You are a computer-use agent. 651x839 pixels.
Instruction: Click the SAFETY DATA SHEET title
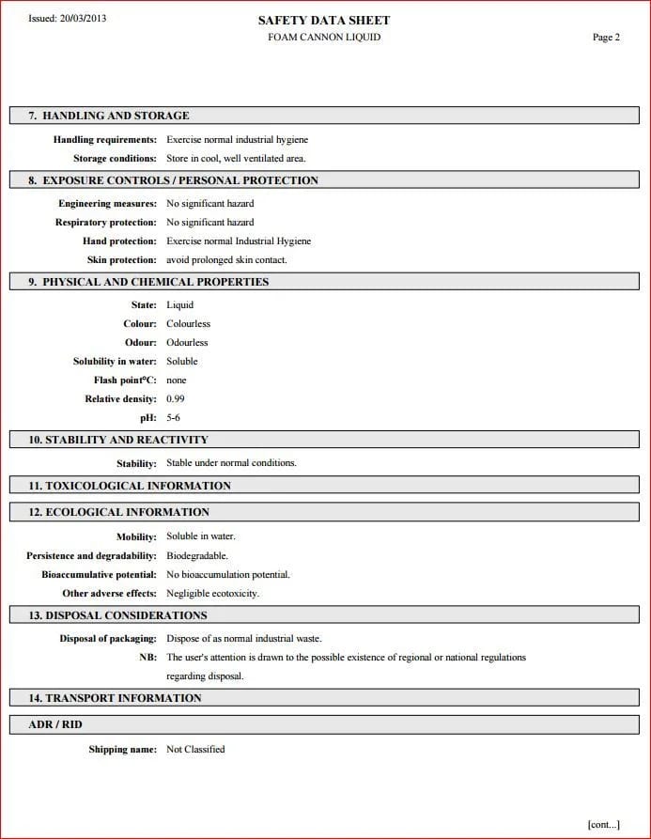click(324, 20)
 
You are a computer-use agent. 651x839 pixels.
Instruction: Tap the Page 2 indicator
click(606, 38)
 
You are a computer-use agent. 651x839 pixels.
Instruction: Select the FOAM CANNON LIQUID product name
click(324, 38)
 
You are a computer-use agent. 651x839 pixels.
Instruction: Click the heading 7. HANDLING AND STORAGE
click(109, 116)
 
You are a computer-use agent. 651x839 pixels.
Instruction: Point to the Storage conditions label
click(115, 159)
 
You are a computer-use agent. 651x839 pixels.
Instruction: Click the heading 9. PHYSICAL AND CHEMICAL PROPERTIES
click(148, 282)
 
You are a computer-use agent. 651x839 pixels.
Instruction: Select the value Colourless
click(189, 324)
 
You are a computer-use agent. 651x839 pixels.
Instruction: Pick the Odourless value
click(188, 343)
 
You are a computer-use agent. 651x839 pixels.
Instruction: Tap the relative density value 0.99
click(176, 399)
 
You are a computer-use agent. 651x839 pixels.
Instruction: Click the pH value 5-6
click(174, 418)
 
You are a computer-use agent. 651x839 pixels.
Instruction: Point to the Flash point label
click(127, 381)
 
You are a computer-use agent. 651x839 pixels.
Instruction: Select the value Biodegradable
click(197, 556)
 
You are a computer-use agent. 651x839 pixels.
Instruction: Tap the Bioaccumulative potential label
click(99, 575)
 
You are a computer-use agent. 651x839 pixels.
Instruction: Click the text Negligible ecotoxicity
click(213, 594)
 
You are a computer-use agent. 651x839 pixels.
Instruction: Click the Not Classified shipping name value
click(195, 750)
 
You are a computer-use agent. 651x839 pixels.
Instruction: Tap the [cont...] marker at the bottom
click(603, 824)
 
